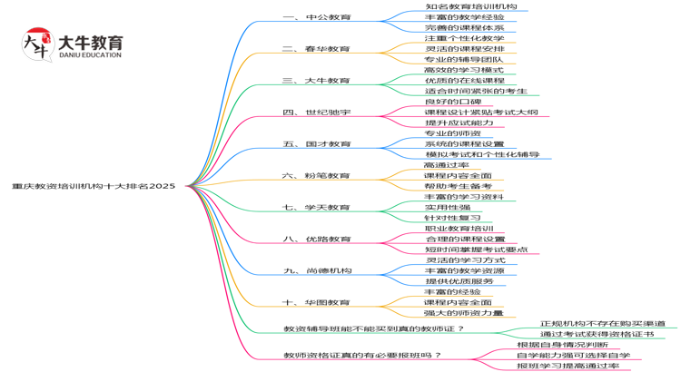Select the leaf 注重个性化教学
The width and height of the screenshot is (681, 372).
click(464, 38)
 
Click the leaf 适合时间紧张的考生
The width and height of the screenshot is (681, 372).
click(476, 91)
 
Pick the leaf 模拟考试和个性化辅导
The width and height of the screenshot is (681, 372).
click(482, 154)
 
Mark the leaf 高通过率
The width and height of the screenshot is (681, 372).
click(446, 165)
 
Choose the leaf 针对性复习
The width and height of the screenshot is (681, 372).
click(452, 218)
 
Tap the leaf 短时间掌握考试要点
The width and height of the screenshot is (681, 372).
click(476, 250)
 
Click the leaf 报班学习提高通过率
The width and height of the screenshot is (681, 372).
click(567, 366)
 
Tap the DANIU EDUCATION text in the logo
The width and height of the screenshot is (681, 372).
click(89, 55)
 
